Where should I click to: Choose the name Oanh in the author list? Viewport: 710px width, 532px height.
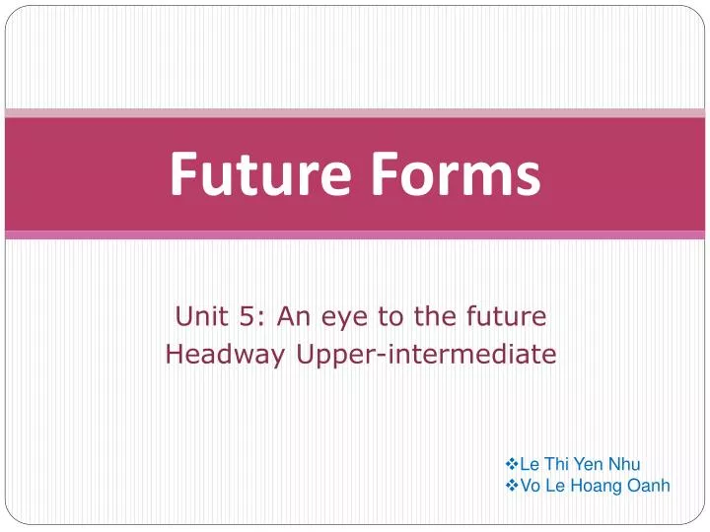coord(651,485)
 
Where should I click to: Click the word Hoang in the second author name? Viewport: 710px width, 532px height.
coord(602,485)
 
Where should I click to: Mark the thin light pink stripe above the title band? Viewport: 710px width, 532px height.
coord(355,113)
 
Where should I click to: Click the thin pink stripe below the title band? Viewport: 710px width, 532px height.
coord(355,235)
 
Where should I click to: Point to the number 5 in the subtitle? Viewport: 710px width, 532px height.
coord(242,316)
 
